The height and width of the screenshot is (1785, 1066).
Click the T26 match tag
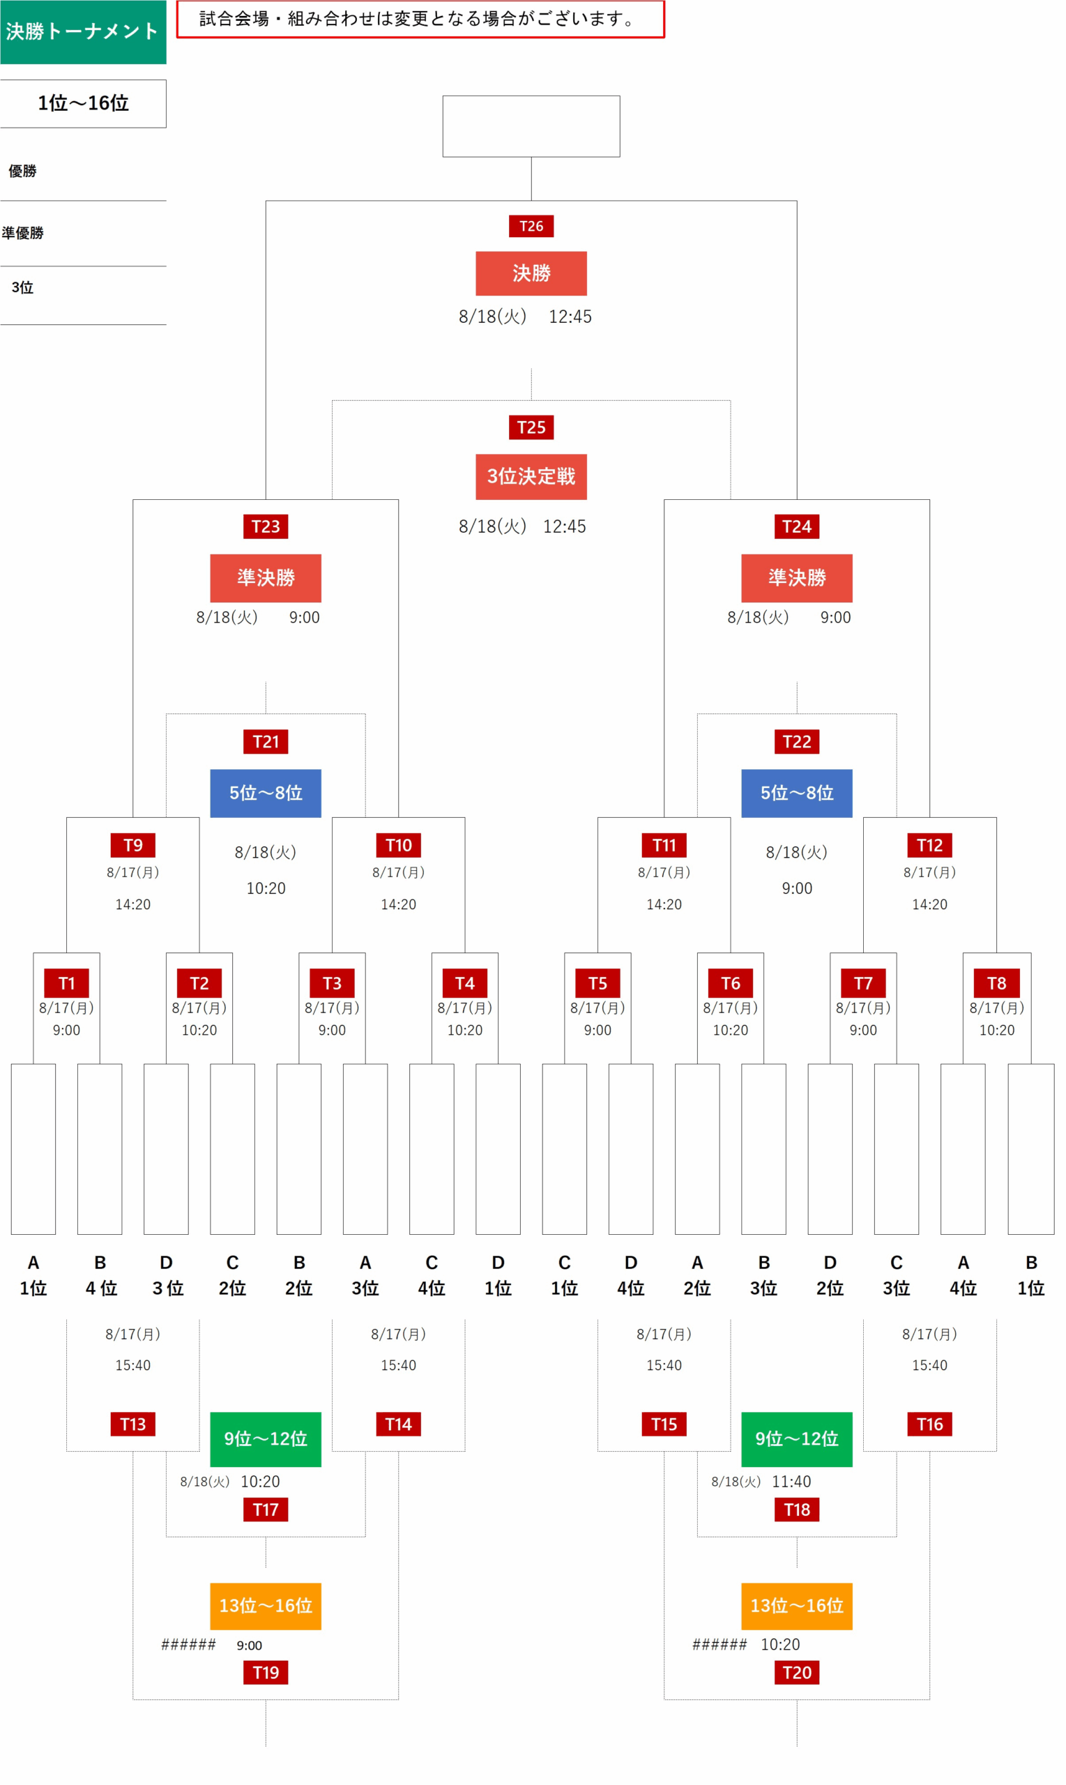click(x=531, y=227)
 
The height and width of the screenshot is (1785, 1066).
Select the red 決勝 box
click(x=531, y=273)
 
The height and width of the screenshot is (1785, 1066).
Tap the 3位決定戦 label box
click(x=531, y=476)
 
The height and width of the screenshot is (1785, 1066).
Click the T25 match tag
click(x=531, y=427)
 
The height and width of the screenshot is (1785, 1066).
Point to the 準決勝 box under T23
click(x=266, y=578)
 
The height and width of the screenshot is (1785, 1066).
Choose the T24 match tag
click(x=797, y=526)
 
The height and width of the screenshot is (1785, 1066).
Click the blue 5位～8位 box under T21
click(x=266, y=793)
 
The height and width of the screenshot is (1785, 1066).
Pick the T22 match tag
click(x=797, y=742)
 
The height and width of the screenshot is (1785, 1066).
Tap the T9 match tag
click(x=133, y=846)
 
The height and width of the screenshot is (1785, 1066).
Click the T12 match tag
click(x=929, y=846)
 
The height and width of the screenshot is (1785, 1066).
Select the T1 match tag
click(x=67, y=983)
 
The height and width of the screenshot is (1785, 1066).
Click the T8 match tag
click(x=996, y=983)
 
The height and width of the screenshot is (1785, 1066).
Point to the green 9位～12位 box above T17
click(x=266, y=1439)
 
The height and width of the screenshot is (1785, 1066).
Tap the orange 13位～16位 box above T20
click(x=797, y=1606)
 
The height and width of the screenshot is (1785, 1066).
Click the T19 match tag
click(x=266, y=1673)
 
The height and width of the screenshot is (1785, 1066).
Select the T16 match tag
click(x=929, y=1425)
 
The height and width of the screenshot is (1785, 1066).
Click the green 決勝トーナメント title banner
click(x=84, y=32)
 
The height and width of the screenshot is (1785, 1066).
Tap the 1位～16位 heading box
click(x=84, y=103)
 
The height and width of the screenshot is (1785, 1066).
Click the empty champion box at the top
click(x=531, y=126)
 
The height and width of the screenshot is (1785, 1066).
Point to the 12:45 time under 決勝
click(x=570, y=317)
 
